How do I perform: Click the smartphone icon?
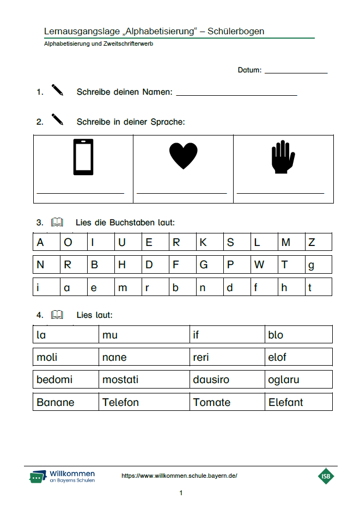(x=83, y=157)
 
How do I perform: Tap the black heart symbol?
(x=183, y=156)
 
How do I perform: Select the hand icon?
(x=283, y=157)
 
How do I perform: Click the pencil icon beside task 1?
(x=57, y=90)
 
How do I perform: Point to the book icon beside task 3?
(x=57, y=222)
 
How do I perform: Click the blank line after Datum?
(x=296, y=71)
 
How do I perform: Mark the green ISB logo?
(x=326, y=476)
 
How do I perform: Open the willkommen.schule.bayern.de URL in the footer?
(x=179, y=476)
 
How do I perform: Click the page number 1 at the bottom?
(x=181, y=493)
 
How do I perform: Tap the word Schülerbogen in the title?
(x=236, y=31)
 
